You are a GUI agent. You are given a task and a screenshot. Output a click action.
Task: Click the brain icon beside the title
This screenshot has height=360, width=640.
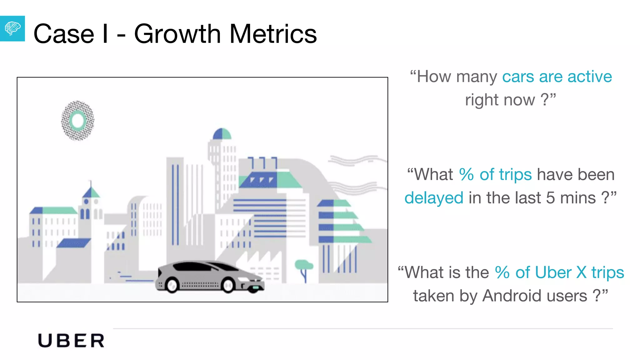tap(12, 28)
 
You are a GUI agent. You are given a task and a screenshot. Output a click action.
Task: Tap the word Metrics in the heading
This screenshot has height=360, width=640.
tap(273, 34)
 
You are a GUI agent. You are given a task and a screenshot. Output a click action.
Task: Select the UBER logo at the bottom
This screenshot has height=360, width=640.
tap(71, 341)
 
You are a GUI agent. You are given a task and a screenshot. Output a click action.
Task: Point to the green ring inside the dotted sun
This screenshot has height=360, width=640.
tap(77, 121)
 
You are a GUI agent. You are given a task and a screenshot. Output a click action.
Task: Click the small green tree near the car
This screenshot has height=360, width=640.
tap(304, 266)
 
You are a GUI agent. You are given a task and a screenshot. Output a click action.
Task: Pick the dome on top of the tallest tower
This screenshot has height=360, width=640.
tap(222, 134)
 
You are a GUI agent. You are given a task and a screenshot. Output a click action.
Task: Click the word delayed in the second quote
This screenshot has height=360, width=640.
tap(434, 198)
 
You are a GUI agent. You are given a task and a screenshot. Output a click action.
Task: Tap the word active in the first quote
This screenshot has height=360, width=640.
tap(590, 77)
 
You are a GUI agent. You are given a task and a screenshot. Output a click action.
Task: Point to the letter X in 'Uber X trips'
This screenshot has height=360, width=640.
tap(581, 272)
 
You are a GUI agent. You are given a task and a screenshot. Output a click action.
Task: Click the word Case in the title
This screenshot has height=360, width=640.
tap(64, 34)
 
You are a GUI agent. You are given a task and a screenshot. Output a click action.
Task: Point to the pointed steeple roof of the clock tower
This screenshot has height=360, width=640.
tap(91, 191)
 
